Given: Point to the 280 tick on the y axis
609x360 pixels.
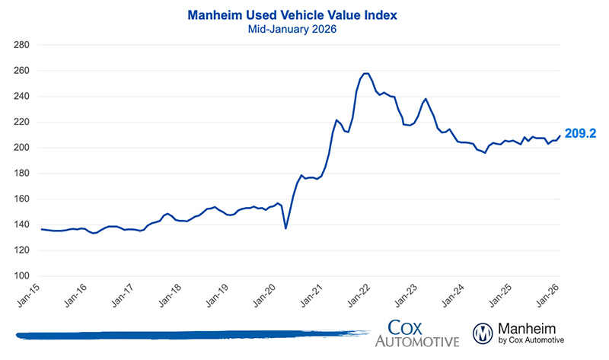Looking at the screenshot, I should [21, 45].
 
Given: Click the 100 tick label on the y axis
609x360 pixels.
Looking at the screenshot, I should [21, 276].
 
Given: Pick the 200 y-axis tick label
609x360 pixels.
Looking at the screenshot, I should [21, 148].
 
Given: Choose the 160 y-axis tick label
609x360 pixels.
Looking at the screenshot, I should [21, 199].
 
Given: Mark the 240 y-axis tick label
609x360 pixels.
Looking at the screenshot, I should [21, 96].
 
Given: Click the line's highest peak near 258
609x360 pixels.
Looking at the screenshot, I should [366, 73].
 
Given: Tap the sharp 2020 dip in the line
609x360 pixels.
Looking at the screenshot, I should [285, 228].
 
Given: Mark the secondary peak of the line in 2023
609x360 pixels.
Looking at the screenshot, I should [426, 99].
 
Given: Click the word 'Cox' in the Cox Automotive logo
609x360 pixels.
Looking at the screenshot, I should [407, 325].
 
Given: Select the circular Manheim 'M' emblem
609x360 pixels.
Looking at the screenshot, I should [483, 333].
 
